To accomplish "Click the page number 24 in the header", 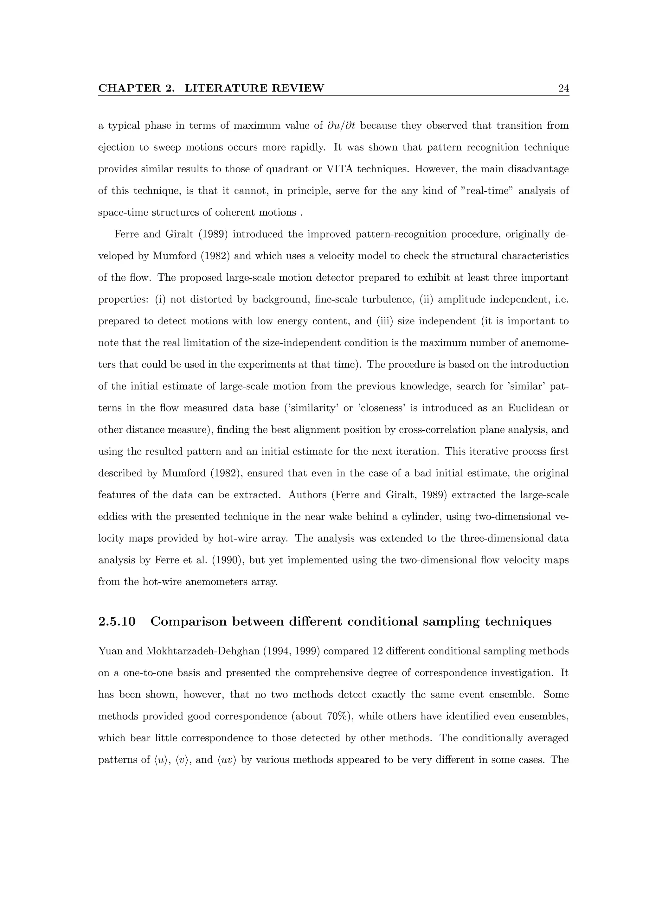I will pyautogui.click(x=563, y=88).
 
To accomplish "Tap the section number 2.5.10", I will pyautogui.click(x=117, y=622).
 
